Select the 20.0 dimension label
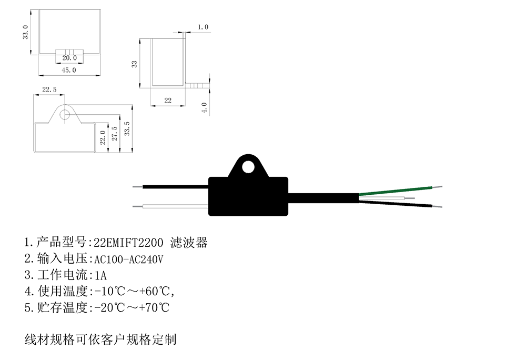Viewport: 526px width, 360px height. (x=69, y=57)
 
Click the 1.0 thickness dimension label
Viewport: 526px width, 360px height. (x=203, y=27)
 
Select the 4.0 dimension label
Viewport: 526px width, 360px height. (x=205, y=107)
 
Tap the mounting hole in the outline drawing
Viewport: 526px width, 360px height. (x=65, y=113)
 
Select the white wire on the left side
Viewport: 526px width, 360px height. (x=174, y=206)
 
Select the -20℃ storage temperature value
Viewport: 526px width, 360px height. (x=106, y=307)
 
